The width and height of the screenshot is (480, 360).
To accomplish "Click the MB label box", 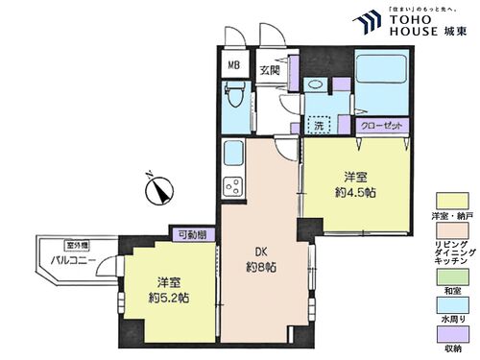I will pos(233,66).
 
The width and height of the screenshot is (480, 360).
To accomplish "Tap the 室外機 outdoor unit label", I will pos(51,244).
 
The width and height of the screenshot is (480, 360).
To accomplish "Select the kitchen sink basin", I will pos(233,154).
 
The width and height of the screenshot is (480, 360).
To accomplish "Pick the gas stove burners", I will pos(232,184).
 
